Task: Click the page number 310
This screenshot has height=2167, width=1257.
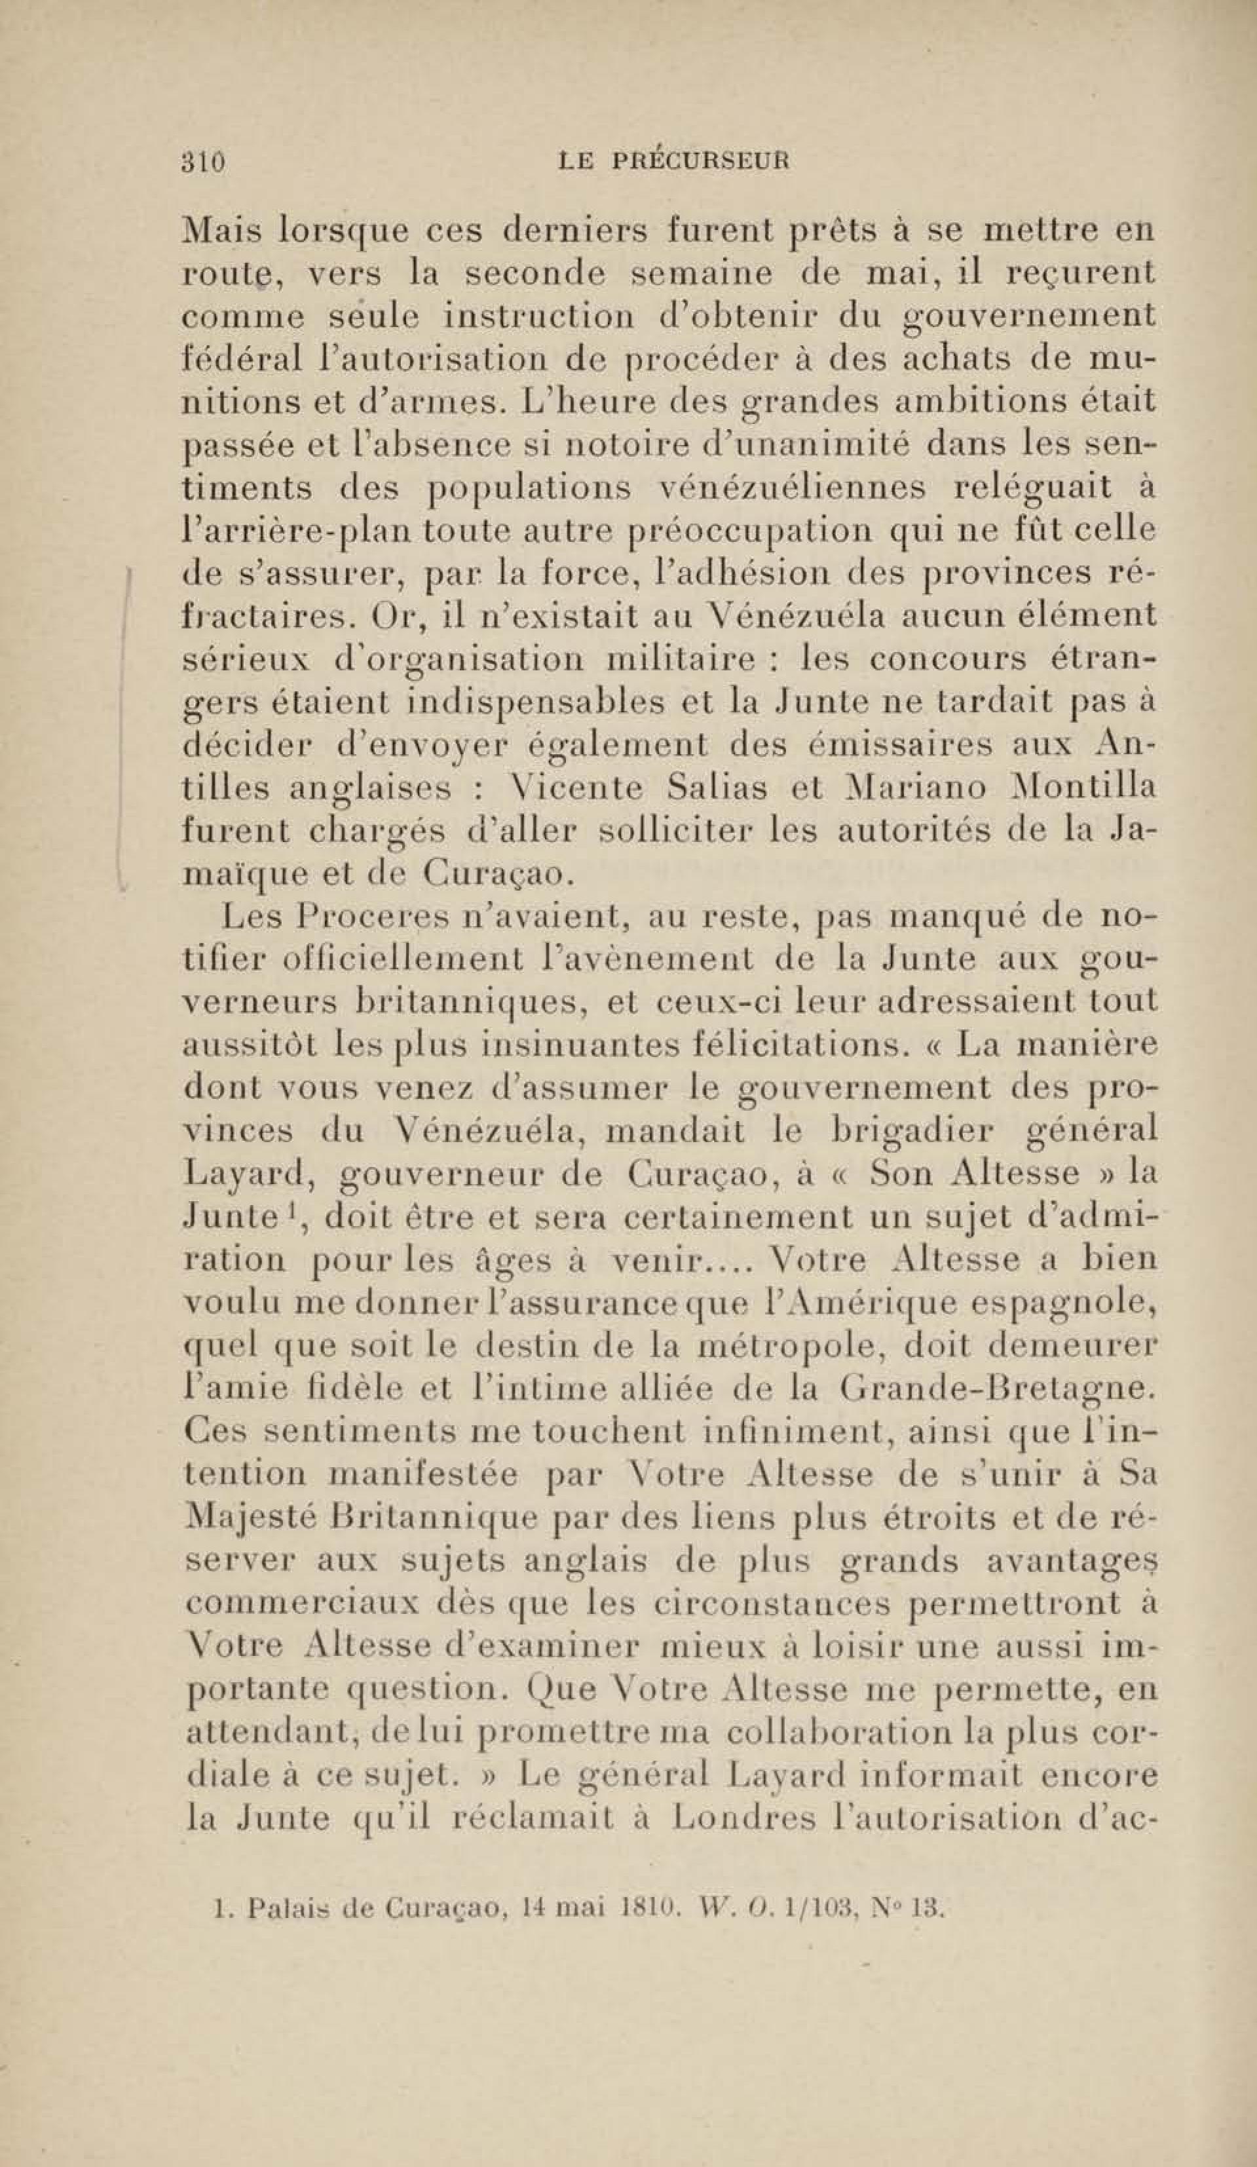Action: (203, 162)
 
